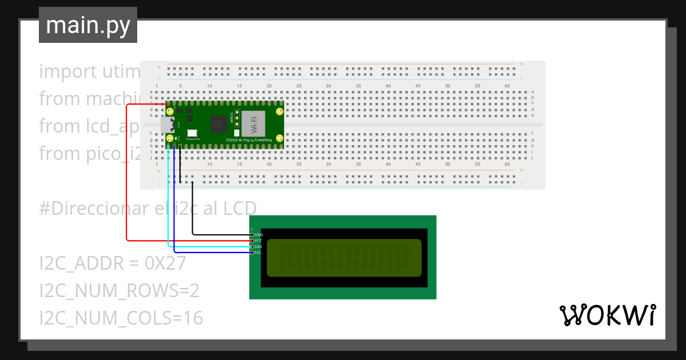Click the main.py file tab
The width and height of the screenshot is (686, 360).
[87, 25]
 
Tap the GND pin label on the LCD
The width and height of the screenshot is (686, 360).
[258, 235]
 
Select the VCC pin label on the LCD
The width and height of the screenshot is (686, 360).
[258, 241]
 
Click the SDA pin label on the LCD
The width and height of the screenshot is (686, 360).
[258, 247]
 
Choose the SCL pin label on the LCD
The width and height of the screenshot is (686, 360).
[258, 253]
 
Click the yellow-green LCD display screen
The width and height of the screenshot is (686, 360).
[344, 255]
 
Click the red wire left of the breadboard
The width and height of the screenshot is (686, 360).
[126, 171]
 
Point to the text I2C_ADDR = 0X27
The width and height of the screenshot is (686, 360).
[113, 263]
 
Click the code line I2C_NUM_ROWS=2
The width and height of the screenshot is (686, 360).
[119, 291]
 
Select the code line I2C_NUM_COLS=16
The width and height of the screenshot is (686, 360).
[121, 318]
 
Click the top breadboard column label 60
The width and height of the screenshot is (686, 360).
[507, 86]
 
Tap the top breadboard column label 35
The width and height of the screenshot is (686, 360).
[358, 86]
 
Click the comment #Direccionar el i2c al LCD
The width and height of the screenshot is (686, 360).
[148, 207]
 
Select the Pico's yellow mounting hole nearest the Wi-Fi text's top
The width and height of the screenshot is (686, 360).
[279, 111]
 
